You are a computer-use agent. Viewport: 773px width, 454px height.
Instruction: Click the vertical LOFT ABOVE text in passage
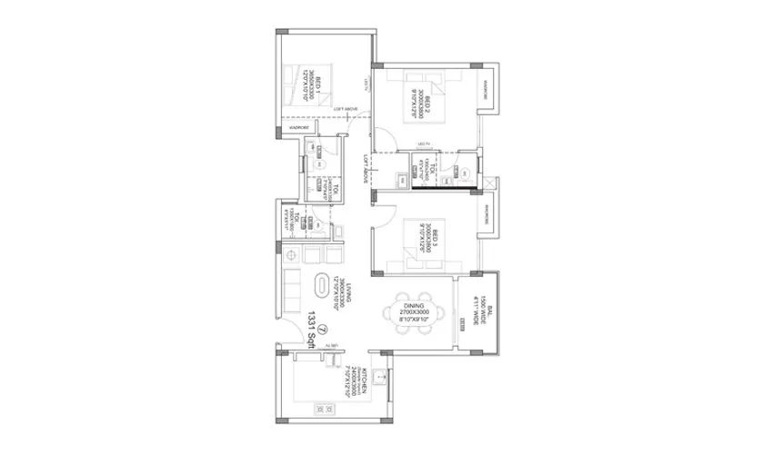(x=362, y=170)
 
